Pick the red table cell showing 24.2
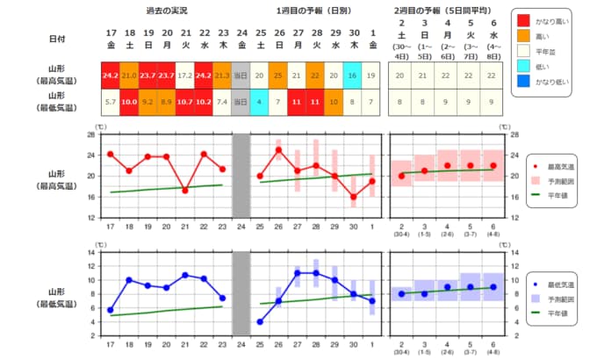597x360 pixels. click(111, 76)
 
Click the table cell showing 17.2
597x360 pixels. click(185, 76)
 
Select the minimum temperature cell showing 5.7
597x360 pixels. click(111, 101)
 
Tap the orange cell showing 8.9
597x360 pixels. click(166, 101)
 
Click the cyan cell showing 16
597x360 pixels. click(353, 76)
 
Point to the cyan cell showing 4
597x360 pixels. click(260, 101)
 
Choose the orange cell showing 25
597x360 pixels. click(278, 76)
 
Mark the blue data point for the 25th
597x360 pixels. click(260, 321)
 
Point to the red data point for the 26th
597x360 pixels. click(278, 150)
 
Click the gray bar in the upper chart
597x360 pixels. click(241, 176)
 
